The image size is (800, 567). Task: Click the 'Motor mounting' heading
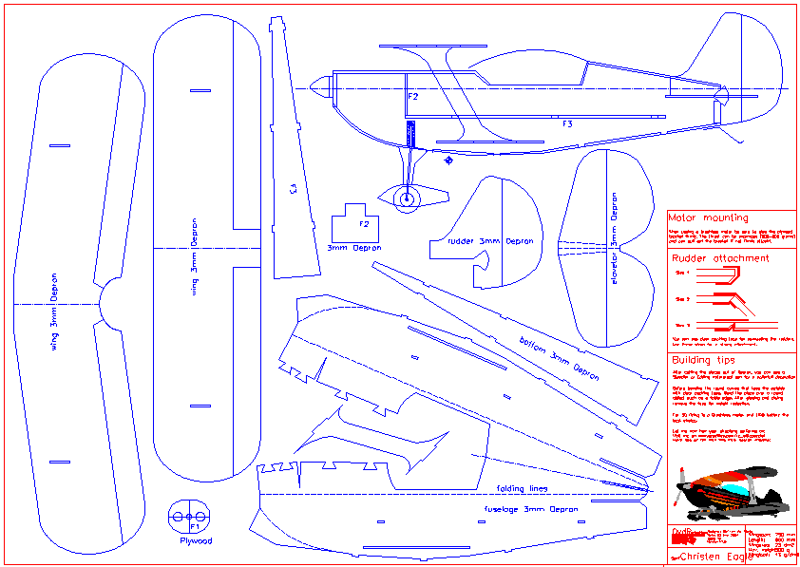pos(709,217)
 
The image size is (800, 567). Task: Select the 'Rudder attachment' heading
pos(720,257)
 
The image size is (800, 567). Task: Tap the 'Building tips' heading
pos(703,360)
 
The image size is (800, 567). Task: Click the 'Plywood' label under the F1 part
pos(196,541)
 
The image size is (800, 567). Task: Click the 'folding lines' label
pos(523,489)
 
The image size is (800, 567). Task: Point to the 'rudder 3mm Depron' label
pos(490,241)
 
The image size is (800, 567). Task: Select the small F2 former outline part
pos(355,225)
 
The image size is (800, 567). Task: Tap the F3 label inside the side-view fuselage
pos(567,123)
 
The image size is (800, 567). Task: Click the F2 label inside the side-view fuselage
pos(412,97)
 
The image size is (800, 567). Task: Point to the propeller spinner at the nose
pos(319,88)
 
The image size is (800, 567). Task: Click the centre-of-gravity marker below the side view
pos(448,161)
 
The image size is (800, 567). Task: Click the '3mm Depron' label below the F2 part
pos(354,248)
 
